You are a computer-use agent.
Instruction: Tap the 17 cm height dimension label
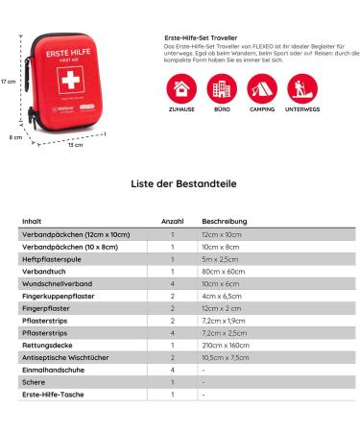point(9,82)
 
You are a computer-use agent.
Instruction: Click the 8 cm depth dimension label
point(17,137)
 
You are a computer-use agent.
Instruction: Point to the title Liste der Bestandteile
point(180,182)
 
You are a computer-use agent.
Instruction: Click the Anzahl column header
point(172,221)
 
